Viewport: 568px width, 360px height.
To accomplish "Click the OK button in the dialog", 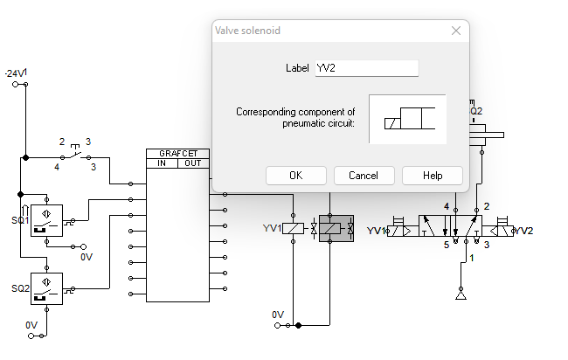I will [x=296, y=176].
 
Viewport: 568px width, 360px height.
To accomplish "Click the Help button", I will [x=433, y=176].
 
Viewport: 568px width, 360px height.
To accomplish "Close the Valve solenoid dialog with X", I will [x=455, y=31].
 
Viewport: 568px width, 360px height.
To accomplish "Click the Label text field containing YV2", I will [x=366, y=68].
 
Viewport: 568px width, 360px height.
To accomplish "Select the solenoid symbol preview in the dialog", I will [x=407, y=119].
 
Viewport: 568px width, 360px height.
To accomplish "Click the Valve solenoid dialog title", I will [x=247, y=31].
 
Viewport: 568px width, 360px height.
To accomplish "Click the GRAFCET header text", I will [x=178, y=153].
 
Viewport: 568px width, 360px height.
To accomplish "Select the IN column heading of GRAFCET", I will [x=162, y=163].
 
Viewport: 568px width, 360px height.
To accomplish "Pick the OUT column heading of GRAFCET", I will [x=193, y=163].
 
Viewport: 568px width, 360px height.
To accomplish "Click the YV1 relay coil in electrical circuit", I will [x=295, y=229].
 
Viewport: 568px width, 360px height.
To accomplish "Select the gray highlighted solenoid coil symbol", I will [x=336, y=229].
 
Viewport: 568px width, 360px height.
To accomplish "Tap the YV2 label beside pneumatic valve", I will [x=523, y=231].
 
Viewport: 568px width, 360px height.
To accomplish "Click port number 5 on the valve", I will [x=446, y=246].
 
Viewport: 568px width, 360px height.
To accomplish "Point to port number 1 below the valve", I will [x=472, y=259].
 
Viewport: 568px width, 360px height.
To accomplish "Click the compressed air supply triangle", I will [x=461, y=297].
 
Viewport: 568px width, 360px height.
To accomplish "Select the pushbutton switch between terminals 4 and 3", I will [x=76, y=154].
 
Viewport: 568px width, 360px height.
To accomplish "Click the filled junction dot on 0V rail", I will [x=299, y=325].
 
